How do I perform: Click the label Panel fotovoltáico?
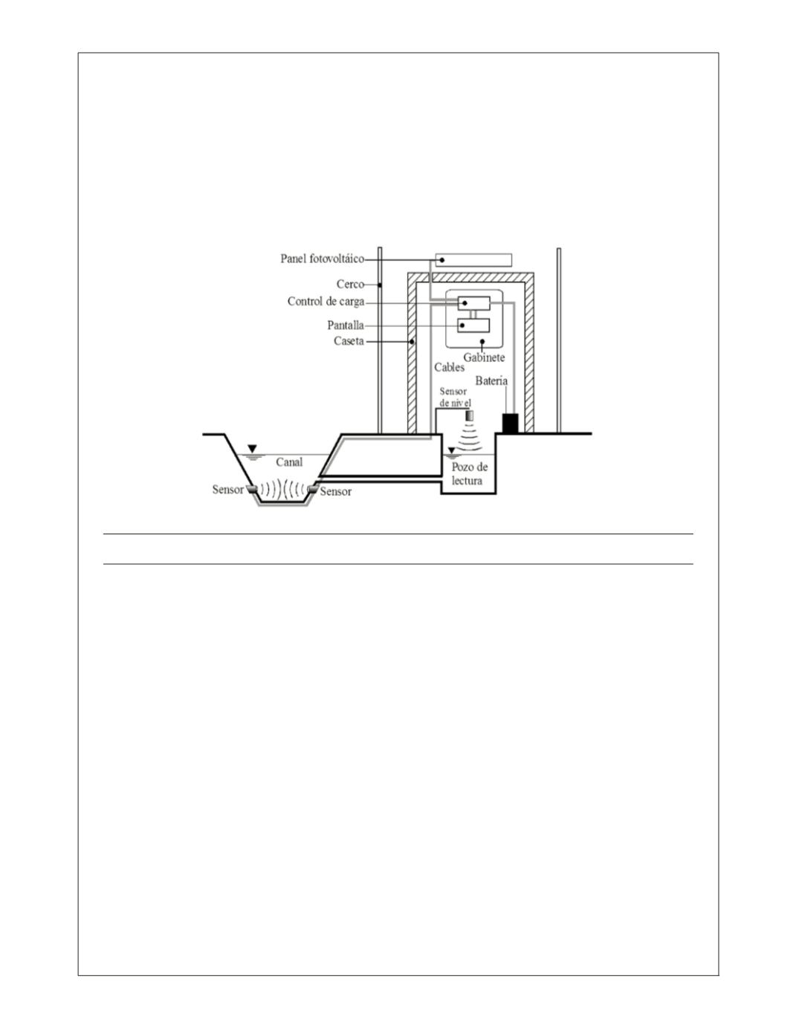323,259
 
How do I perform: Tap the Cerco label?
350,284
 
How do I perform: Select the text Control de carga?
326,302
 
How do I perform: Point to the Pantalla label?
346,325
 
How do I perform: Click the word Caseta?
349,341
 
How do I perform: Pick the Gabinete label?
484,357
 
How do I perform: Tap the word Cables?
450,367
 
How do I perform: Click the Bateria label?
491,380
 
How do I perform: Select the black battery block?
511,424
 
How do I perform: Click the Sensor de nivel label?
455,397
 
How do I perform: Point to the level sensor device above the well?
470,415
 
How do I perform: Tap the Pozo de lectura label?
470,473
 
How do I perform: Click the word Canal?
289,461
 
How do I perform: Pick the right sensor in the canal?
313,489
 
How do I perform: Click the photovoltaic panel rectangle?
473,260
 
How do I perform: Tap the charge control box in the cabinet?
473,303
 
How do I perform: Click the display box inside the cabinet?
473,325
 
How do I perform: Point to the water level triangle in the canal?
253,448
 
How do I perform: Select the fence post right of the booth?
559,340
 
